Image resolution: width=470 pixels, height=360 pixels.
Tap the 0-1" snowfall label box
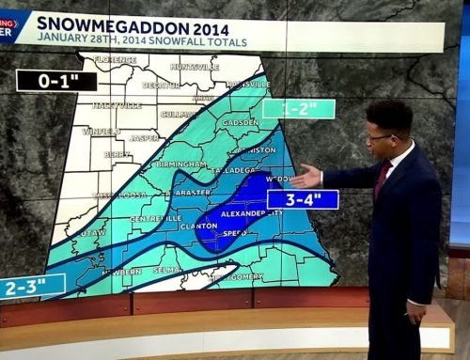(56, 81)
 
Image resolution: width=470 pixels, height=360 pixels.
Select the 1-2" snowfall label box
(298, 108)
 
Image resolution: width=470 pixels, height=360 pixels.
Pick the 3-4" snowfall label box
(302, 199)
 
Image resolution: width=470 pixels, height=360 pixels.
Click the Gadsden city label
(240, 123)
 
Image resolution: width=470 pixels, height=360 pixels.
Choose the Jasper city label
(144, 137)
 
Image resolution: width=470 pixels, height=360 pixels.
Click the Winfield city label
(102, 132)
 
